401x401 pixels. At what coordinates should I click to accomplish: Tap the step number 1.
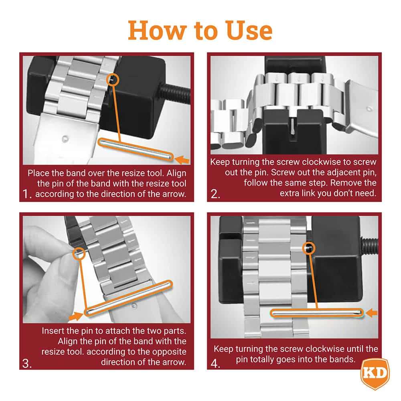[x=27, y=195]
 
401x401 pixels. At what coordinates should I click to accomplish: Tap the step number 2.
[x=216, y=195]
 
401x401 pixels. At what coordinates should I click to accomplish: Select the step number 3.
[x=27, y=363]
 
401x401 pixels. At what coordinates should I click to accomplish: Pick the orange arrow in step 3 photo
[x=75, y=317]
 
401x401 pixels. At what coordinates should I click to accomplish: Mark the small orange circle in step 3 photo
[x=79, y=253]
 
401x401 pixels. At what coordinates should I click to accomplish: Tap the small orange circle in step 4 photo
[x=309, y=248]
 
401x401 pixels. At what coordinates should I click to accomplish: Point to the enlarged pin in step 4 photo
[x=317, y=313]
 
